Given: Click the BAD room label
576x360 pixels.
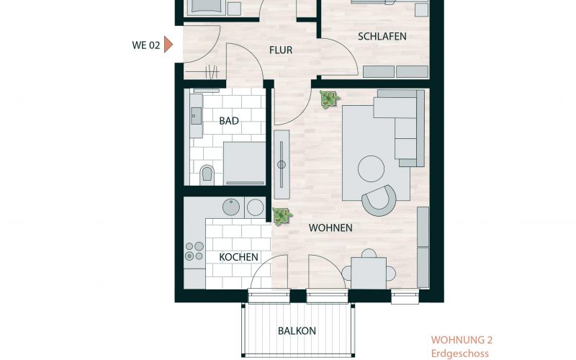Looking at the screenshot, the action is point(229,121).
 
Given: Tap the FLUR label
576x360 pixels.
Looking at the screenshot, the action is point(281,50).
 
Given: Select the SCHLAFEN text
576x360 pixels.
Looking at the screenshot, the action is point(382,37).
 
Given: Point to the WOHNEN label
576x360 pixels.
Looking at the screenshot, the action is point(330,228).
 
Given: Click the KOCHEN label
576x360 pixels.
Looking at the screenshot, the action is point(238,257).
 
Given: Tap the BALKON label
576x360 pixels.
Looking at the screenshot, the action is point(297,331).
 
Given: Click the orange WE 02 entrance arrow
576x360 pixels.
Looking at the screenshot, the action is point(168,45).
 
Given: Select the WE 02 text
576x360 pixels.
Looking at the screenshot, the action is point(146,45).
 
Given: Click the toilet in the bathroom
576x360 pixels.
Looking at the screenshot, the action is point(207,174).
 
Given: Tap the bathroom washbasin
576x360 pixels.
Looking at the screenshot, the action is point(196,116).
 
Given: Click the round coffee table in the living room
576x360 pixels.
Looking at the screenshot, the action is point(372,168).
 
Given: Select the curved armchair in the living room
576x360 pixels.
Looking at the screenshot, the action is point(379,200).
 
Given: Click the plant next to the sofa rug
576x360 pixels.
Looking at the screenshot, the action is point(329,99).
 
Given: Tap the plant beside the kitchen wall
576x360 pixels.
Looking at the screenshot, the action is point(282,217).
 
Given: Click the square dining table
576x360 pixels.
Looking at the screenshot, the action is point(369,273).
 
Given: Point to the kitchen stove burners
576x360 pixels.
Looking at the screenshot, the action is point(194,251).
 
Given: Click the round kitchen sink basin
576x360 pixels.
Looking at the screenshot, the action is point(231,207).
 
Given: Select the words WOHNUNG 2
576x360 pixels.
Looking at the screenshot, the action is point(462,340).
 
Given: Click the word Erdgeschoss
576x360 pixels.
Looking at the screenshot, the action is point(460,354).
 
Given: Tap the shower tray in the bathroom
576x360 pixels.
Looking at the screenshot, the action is point(244,163).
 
